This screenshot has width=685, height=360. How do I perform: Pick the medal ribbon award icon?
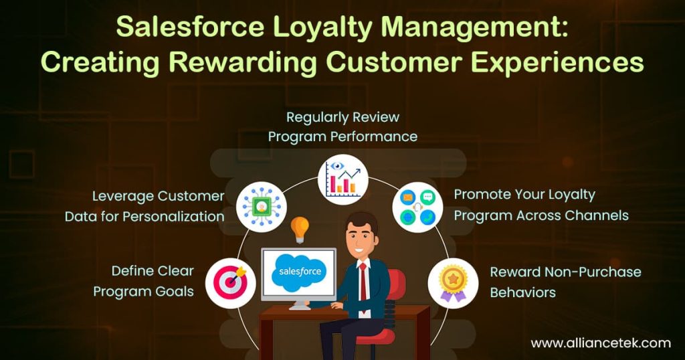[x=452, y=282]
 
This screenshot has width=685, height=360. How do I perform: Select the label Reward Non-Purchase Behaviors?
[x=565, y=282]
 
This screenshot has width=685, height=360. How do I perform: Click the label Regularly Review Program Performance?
[x=342, y=126]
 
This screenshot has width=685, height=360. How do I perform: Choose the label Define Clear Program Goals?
[x=143, y=281]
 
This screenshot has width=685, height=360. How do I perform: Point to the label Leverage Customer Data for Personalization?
[x=144, y=206]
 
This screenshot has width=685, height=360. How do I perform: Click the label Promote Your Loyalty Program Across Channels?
[x=541, y=205]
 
